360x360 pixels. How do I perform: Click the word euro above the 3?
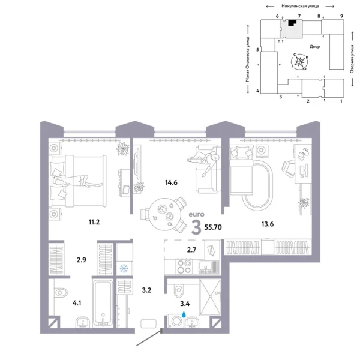(196, 214)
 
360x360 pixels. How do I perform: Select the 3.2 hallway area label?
(146, 291)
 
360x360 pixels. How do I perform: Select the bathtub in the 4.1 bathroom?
(102, 300)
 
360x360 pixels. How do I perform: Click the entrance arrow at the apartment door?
(149, 339)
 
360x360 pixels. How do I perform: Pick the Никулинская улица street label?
(290, 5)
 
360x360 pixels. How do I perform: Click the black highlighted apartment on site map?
(292, 23)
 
